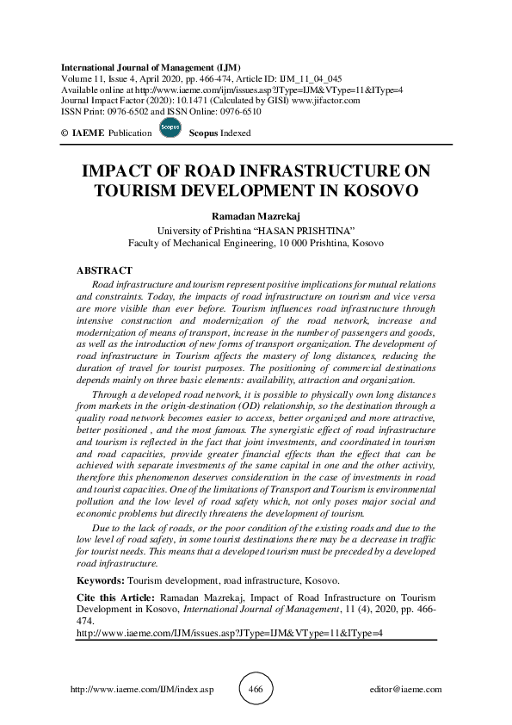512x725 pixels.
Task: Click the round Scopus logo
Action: tap(170, 128)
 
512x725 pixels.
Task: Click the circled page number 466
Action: tap(256, 690)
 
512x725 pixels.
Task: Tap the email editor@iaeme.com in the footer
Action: tap(404, 690)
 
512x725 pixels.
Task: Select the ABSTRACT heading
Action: tap(105, 270)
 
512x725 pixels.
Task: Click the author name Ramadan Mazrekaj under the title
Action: tap(256, 217)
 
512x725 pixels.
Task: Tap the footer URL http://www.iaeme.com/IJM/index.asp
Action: tap(140, 690)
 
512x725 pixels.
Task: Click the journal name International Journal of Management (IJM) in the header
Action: tap(151, 67)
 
